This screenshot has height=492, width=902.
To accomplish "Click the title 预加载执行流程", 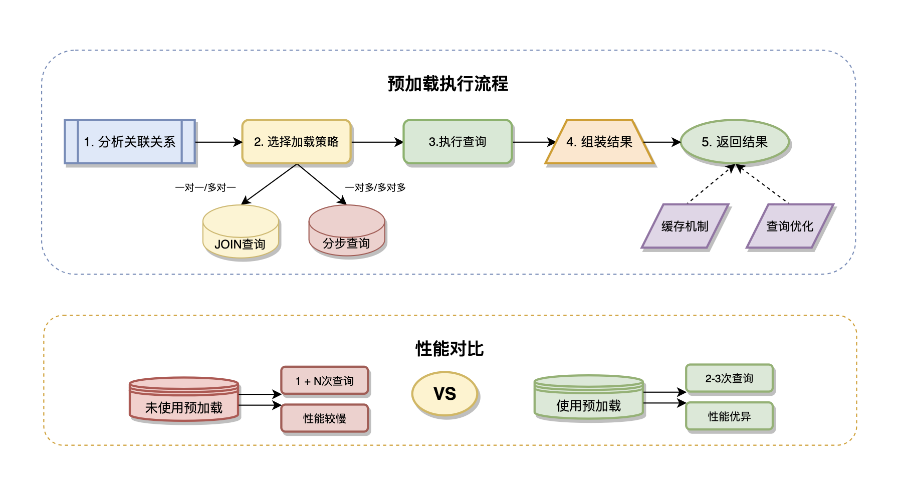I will coord(447,84).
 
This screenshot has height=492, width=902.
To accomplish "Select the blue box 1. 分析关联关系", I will coord(130,142).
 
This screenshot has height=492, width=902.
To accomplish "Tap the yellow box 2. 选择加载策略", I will coord(296,142).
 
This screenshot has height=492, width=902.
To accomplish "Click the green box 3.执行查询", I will coord(458,142).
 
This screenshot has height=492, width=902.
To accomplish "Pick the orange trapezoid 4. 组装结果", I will coord(599,142).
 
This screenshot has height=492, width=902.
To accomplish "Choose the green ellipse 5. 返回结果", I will coord(735,142).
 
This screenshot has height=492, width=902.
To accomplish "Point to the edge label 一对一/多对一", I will coord(205,187).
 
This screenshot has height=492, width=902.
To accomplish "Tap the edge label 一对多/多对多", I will coord(375,187).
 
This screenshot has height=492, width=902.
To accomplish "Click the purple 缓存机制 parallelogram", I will coord(685,226).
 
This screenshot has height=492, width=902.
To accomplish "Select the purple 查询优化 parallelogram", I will coord(790,226).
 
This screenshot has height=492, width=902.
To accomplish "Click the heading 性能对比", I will coord(449,349).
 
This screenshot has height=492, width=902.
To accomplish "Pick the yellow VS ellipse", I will coord(444,394).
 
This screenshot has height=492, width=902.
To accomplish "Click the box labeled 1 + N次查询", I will coord(325,381).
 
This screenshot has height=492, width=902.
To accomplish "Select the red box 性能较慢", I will coord(325,418).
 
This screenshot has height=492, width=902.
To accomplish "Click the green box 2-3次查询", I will coord(729,378).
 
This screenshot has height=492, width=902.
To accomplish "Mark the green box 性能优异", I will coord(729,416).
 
